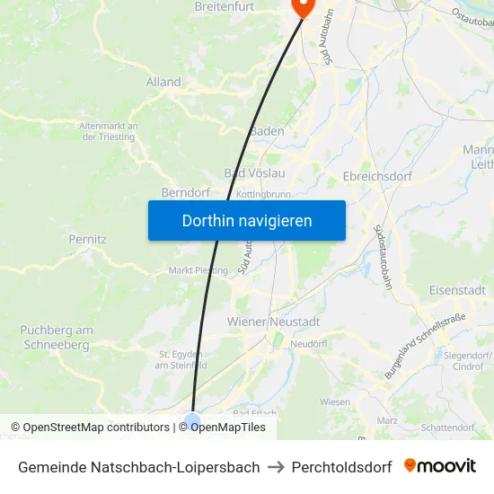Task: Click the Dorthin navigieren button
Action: pos(246,220)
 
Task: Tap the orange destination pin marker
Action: pos(301,6)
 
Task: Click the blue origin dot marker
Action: pos(192,420)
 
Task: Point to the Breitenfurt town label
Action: pos(225,7)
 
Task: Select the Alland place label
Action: pos(163,82)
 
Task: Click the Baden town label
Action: pos(267,131)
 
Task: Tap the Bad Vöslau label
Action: pos(254,173)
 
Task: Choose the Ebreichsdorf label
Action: pos(377,176)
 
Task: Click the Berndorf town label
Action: pos(185,193)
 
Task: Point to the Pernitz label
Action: pos(87,240)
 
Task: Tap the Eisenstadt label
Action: pos(457,290)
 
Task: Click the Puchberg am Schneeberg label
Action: pos(56,338)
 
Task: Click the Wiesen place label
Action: pos(334,401)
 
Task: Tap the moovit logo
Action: pos(439,466)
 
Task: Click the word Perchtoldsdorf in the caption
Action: pos(341,467)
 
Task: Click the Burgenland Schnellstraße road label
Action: pos(425,346)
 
